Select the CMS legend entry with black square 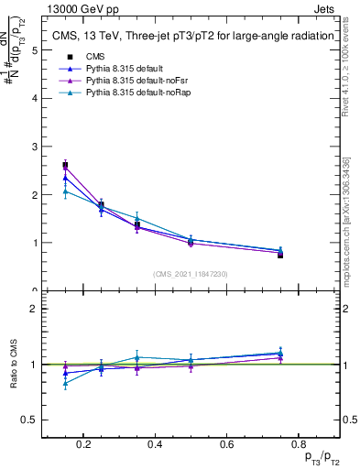point(86,57)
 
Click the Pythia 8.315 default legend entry point(110,69)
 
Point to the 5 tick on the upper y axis point(34,50)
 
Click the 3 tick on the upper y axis point(34,147)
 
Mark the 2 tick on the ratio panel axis point(34,309)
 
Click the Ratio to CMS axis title point(14,364)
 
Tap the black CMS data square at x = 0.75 point(280,255)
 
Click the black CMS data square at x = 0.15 point(66,166)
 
